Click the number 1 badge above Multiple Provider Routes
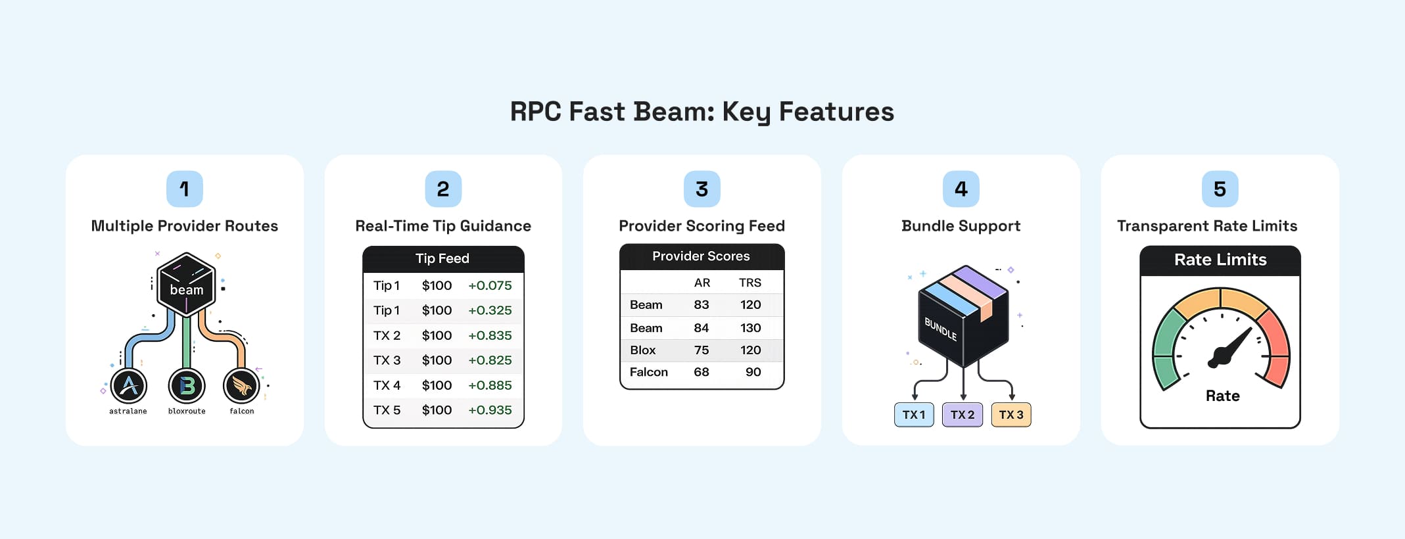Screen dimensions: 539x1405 185,189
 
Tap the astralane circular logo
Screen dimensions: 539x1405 129,386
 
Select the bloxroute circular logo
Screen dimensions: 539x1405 187,386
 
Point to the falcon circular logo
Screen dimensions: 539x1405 242,386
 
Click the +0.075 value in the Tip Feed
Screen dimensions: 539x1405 490,285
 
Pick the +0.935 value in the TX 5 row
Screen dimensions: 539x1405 490,410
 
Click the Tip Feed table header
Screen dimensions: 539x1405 442,259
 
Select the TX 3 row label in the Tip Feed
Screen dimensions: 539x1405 387,360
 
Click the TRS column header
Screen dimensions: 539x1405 750,283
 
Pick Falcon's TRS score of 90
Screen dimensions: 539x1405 753,372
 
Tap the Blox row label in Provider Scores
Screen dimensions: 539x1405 643,350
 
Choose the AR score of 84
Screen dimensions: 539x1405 702,328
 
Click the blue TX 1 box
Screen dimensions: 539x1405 914,415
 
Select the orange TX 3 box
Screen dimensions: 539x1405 1011,415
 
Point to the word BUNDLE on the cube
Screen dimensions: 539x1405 940,329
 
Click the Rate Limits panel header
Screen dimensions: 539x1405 1220,260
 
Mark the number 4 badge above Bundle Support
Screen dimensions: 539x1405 961,189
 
